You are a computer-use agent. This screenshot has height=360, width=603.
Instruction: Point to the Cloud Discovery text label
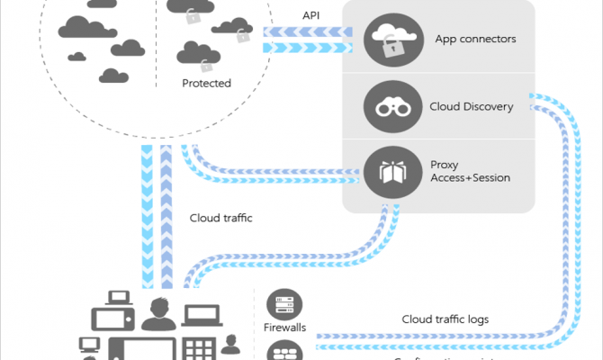(x=472, y=107)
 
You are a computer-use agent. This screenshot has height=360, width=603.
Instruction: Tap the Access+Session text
(x=470, y=178)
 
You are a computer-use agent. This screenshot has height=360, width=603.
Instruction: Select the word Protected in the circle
(x=206, y=84)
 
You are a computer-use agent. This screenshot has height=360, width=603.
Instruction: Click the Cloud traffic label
(x=220, y=217)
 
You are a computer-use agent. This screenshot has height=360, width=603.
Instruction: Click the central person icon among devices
(x=158, y=314)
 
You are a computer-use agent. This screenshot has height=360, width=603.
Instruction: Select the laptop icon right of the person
(x=202, y=315)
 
